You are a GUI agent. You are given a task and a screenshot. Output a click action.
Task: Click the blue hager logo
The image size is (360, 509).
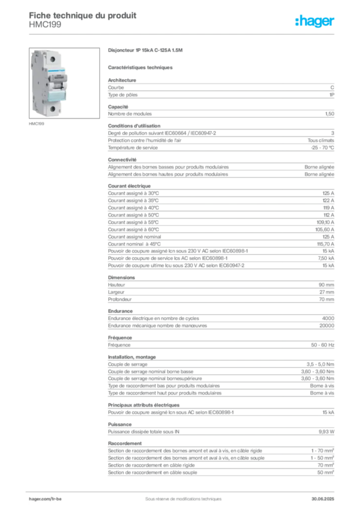316,22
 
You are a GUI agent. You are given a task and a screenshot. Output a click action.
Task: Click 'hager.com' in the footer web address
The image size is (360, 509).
39,498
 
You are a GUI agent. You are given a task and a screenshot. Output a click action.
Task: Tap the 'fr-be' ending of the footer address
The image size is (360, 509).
56,498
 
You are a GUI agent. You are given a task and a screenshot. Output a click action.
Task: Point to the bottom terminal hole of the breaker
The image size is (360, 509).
51,108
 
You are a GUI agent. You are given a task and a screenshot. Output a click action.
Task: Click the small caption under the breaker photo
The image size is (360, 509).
38,124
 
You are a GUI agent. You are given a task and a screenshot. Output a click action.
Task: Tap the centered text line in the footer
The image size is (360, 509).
179,496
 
